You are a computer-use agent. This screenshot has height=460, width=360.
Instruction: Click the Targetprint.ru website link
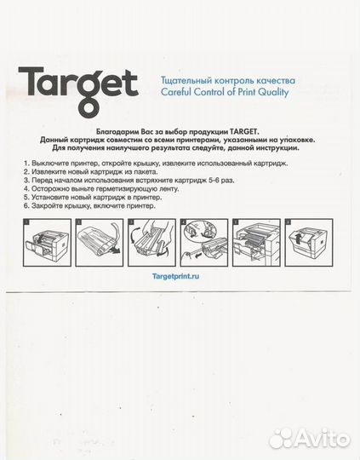(175, 276)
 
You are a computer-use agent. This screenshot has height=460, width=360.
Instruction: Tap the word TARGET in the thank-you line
(243, 131)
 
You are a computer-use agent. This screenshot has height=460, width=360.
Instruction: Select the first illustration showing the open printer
(47, 242)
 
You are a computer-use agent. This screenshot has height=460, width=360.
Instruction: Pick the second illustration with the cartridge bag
(99, 242)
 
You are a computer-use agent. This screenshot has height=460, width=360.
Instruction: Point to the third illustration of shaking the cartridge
(151, 242)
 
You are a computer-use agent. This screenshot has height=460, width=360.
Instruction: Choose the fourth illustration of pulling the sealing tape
(204, 242)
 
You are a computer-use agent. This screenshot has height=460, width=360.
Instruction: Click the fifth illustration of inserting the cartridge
(256, 242)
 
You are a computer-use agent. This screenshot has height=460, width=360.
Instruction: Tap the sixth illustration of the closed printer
(309, 242)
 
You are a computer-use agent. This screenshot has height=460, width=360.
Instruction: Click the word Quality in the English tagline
(273, 92)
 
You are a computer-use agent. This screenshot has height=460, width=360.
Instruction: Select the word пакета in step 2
(146, 171)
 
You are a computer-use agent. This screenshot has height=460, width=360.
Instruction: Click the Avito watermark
(310, 439)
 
